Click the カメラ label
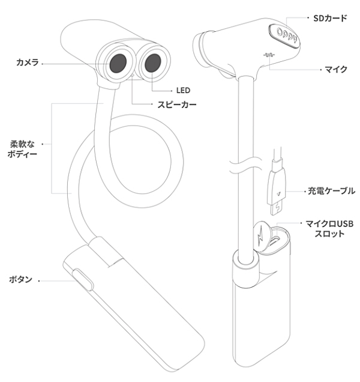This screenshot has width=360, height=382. pyautogui.click(x=28, y=62)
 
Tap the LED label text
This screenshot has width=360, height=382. pyautogui.click(x=183, y=90)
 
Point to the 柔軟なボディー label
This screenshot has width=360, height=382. pyautogui.click(x=24, y=150)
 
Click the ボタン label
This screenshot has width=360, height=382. pyautogui.click(x=20, y=280)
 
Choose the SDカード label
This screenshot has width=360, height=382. pyautogui.click(x=330, y=19)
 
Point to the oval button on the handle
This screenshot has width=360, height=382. pyautogui.click(x=83, y=280)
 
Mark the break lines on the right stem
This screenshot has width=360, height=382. pyautogui.click(x=245, y=165)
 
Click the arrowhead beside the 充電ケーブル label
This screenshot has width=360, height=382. pyautogui.click(x=290, y=191)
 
